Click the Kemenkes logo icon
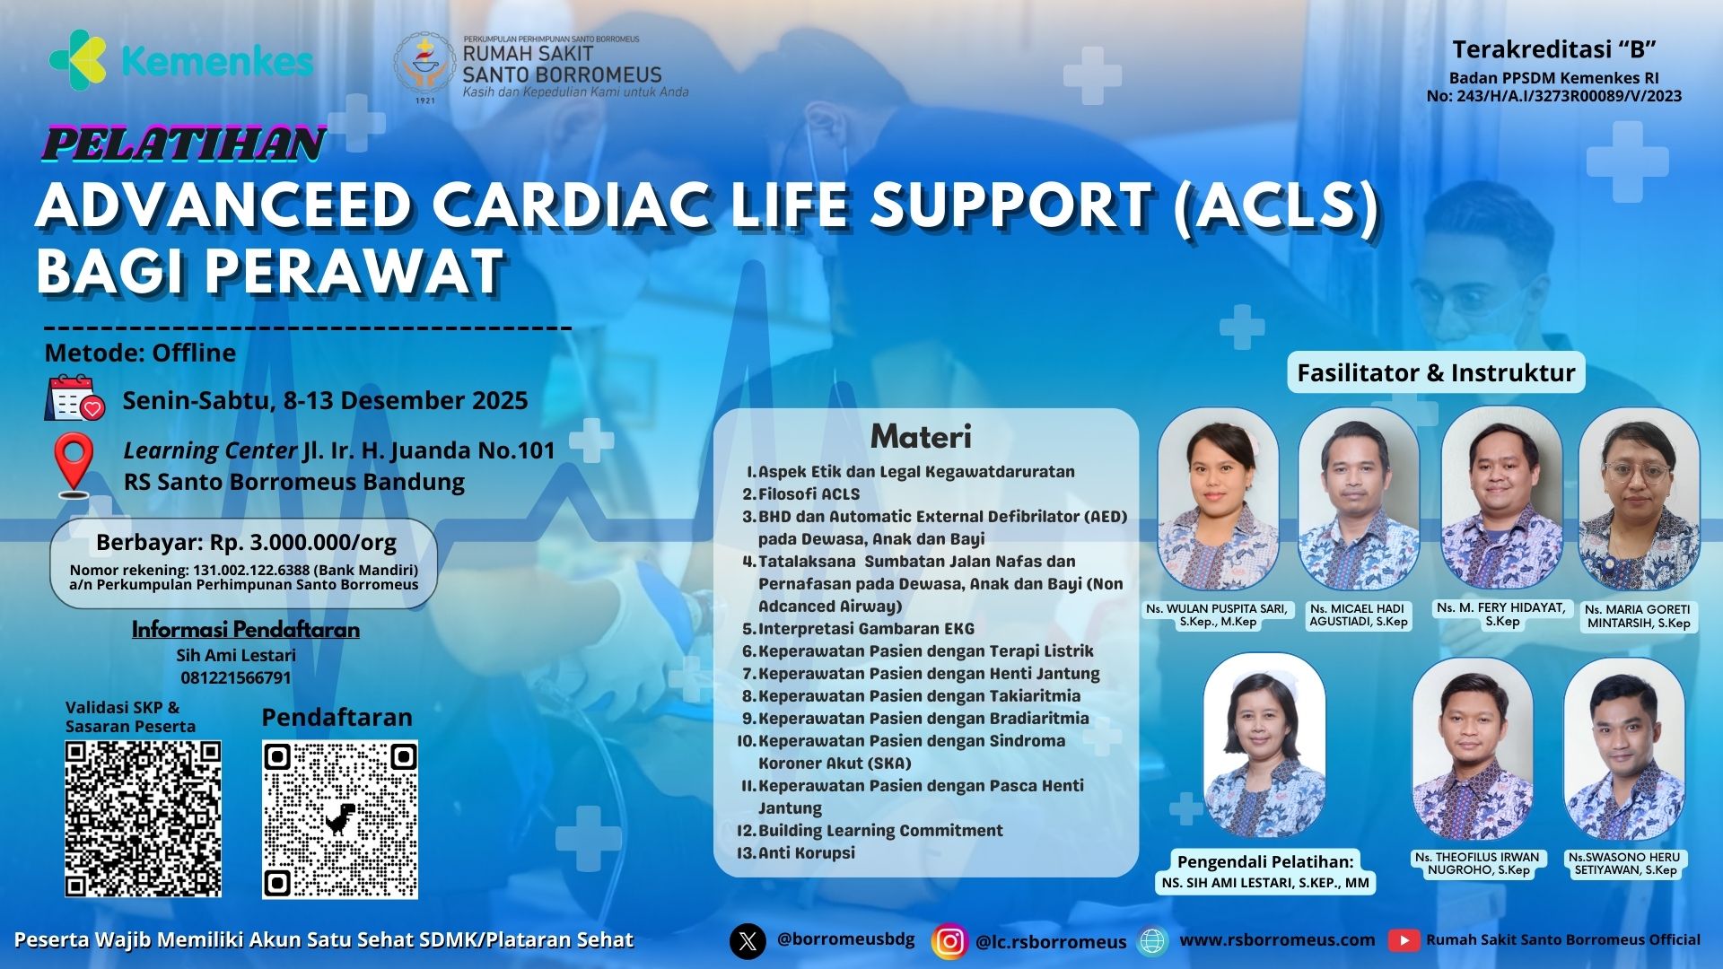pyautogui.click(x=78, y=60)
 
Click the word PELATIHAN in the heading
pyautogui.click(x=184, y=144)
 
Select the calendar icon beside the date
pyautogui.click(x=75, y=398)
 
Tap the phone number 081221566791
pyautogui.click(x=236, y=677)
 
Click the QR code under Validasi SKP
pyautogui.click(x=143, y=818)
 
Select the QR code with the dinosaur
pyautogui.click(x=340, y=819)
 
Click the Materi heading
pyautogui.click(x=921, y=436)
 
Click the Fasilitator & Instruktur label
pyautogui.click(x=1436, y=372)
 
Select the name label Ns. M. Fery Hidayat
pyautogui.click(x=1500, y=614)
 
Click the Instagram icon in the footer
pyautogui.click(x=950, y=941)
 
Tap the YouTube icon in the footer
pyautogui.click(x=1404, y=940)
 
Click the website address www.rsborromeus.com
pyautogui.click(x=1277, y=940)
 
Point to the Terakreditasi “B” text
pyautogui.click(x=1553, y=49)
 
